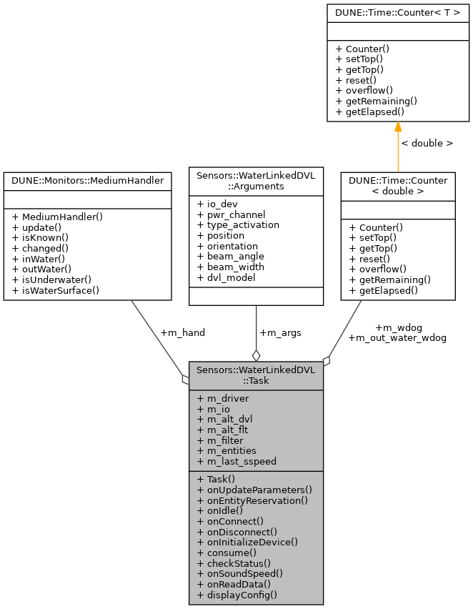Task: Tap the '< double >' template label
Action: coord(427,143)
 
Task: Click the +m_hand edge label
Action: coord(182,332)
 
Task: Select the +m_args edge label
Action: coord(279,332)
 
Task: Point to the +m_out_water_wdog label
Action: coord(397,337)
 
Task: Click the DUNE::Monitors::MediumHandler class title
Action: coord(87,181)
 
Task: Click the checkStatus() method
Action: coord(234,563)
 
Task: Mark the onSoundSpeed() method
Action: coord(239,573)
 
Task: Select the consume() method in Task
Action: coord(226,553)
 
